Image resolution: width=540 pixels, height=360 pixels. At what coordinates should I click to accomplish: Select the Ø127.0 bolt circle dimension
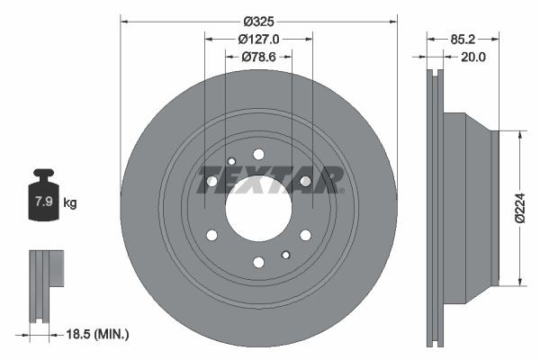258,39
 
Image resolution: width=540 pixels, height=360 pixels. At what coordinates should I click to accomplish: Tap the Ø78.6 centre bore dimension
258,57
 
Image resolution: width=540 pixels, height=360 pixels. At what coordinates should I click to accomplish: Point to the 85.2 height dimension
462,39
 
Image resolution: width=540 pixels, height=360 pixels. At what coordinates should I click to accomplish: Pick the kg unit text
70,203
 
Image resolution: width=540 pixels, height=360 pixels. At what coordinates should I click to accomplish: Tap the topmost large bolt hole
258,154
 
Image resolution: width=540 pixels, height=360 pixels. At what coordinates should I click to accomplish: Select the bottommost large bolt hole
258,262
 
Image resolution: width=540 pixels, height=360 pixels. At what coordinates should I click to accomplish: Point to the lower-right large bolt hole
305,235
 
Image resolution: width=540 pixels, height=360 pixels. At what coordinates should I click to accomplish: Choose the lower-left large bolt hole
212,235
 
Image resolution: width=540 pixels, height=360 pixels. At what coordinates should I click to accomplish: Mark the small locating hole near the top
231,162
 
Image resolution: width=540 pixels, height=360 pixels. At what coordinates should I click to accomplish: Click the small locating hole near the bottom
285,254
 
